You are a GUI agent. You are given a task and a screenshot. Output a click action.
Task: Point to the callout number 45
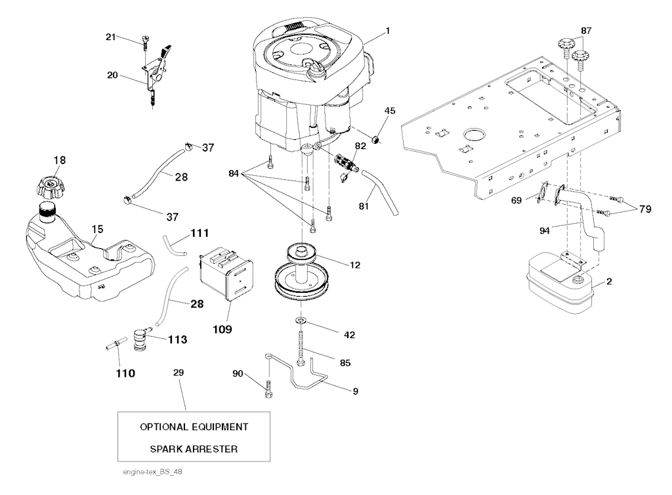pyautogui.click(x=390, y=111)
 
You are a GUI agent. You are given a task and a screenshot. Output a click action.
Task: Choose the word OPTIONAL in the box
pyautogui.click(x=166, y=427)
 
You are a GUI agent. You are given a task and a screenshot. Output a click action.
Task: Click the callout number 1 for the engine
pyautogui.click(x=388, y=31)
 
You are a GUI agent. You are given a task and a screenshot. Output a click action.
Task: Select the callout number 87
pyautogui.click(x=586, y=31)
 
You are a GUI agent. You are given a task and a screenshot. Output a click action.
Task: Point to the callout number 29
pyautogui.click(x=178, y=372)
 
